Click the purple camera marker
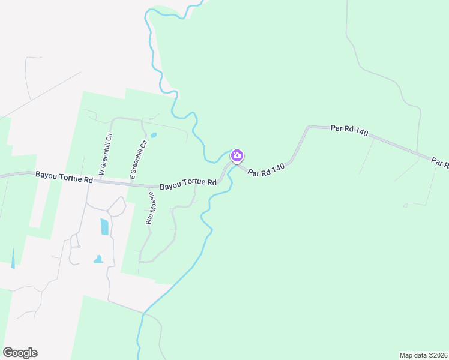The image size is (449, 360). [x=237, y=156]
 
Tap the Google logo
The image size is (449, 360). [x=20, y=353]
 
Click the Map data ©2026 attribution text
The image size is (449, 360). [x=423, y=355]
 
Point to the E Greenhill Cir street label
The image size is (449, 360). [x=138, y=159]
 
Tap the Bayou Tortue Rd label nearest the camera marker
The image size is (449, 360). [x=187, y=183]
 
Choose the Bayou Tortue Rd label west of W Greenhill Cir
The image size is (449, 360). [x=64, y=176]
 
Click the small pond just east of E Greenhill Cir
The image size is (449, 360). [x=154, y=135]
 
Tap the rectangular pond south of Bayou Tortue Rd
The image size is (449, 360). [x=105, y=226]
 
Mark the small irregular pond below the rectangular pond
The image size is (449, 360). [x=98, y=260]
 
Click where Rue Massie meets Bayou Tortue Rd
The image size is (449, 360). [x=149, y=185]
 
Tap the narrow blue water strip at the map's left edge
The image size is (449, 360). [x=13, y=257]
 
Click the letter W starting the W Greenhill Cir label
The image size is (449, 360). [x=102, y=172]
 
